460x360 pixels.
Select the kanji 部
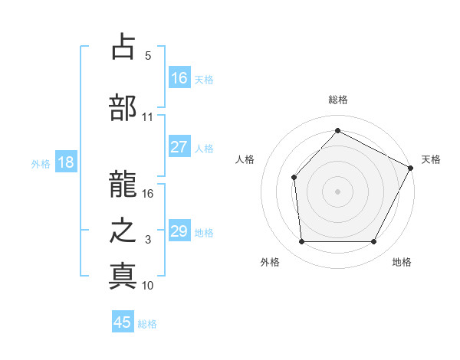pyautogui.click(x=123, y=106)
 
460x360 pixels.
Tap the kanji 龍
pyautogui.click(x=123, y=175)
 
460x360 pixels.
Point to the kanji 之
pyautogui.click(x=123, y=229)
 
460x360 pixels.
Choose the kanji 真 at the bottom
pyautogui.click(x=123, y=275)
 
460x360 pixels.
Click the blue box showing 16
pyautogui.click(x=179, y=78)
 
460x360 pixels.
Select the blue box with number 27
pyautogui.click(x=179, y=147)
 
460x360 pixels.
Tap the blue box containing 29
pyautogui.click(x=179, y=231)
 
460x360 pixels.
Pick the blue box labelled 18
pyautogui.click(x=65, y=162)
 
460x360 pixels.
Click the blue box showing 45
pyautogui.click(x=123, y=322)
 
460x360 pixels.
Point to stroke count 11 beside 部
pyautogui.click(x=147, y=117)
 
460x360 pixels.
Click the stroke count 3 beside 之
pyautogui.click(x=147, y=240)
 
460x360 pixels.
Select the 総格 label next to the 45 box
pyautogui.click(x=147, y=324)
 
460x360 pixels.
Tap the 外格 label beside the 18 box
pyautogui.click(x=41, y=163)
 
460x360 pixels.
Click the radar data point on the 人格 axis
pyautogui.click(x=294, y=178)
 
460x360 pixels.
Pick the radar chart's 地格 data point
pyautogui.click(x=374, y=242)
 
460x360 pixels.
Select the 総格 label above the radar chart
pyautogui.click(x=337, y=100)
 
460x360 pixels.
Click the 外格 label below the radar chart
pyautogui.click(x=270, y=263)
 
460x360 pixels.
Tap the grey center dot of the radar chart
pyautogui.click(x=337, y=191)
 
